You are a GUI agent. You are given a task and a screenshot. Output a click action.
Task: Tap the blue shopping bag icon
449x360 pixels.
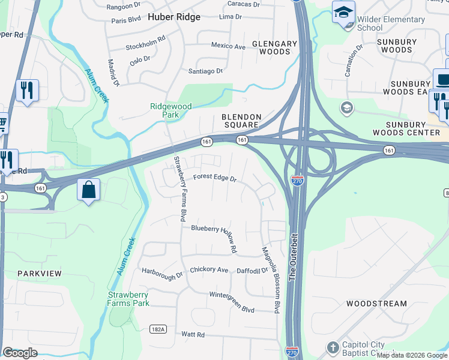pos(89,190)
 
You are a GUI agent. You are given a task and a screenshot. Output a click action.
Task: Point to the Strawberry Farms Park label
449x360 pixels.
pos(128,299)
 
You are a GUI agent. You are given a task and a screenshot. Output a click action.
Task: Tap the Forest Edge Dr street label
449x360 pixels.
pos(215,178)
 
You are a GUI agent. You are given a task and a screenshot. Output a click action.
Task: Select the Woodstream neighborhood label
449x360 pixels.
pos(376,304)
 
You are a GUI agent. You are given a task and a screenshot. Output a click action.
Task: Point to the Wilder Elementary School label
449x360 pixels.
pos(391,23)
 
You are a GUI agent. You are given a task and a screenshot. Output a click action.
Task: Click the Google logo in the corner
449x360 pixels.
pos(20,353)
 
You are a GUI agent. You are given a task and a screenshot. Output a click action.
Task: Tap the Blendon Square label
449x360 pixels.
pos(241,121)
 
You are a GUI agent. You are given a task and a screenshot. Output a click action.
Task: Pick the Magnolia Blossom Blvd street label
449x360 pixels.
pos(270,280)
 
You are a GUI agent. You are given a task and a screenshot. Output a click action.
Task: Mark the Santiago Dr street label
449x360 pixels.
pos(205,71)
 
